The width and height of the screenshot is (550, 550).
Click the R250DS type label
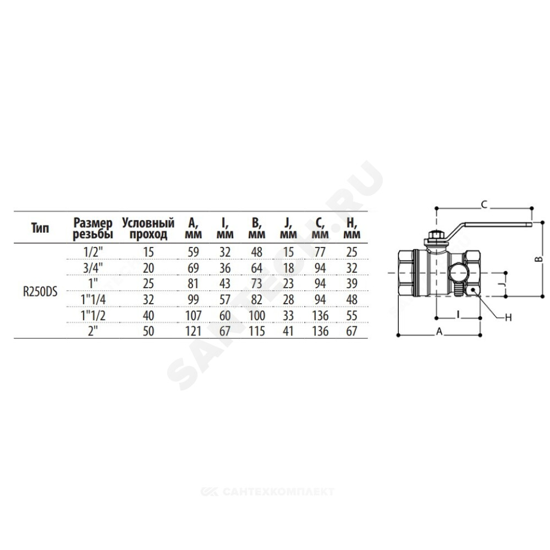tap(40, 292)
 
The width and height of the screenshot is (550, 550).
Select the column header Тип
tap(40, 228)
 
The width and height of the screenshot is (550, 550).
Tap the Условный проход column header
tap(148, 228)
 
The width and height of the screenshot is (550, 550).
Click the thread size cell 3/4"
tap(93, 268)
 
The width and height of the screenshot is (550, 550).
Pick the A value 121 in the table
tap(193, 331)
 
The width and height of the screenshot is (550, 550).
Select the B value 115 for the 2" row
tap(257, 331)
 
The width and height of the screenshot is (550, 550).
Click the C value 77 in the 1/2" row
tap(320, 252)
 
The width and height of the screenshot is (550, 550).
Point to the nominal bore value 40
tap(148, 315)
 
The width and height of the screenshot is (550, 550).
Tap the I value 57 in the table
tap(225, 300)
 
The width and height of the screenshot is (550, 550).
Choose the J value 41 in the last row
tap(288, 331)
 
